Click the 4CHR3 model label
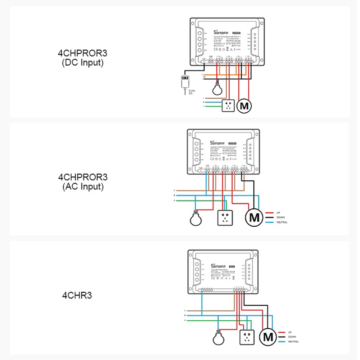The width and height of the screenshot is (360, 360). click(x=77, y=296)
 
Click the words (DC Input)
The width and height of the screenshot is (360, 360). click(x=82, y=63)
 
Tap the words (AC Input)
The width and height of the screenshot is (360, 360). click(x=82, y=187)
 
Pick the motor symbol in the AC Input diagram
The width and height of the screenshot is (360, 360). click(x=255, y=217)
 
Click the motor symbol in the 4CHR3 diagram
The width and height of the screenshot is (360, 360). click(x=268, y=337)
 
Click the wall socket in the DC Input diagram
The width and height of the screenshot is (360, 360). click(x=228, y=105)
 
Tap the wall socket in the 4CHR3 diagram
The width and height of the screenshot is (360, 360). click(x=247, y=338)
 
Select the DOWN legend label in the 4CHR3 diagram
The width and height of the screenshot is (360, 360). click(x=292, y=337)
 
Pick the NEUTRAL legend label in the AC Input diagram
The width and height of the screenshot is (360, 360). click(x=282, y=222)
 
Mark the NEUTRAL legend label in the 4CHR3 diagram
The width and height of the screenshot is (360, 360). click(x=293, y=342)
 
